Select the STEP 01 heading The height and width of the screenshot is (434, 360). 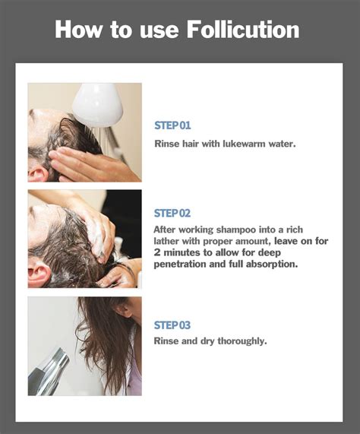tap(172, 125)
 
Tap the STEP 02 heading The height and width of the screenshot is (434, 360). tap(172, 213)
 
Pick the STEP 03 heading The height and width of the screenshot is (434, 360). tap(172, 325)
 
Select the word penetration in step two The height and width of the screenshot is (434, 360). tap(182, 265)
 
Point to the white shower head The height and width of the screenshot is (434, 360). tap(96, 104)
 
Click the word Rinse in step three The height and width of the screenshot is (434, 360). tap(166, 341)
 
